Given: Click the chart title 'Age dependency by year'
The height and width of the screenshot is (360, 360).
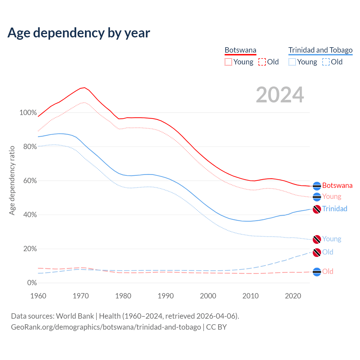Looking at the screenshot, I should click(x=79, y=33).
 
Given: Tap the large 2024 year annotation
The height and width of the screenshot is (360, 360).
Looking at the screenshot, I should click(x=280, y=95).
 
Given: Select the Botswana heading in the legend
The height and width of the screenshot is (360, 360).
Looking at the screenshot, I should click(x=240, y=50).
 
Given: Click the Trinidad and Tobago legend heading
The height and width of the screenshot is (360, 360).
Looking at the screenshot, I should click(x=320, y=50).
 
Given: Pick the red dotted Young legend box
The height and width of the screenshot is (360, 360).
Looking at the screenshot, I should click(x=228, y=62).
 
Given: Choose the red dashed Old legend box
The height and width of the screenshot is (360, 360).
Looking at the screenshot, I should click(x=262, y=62).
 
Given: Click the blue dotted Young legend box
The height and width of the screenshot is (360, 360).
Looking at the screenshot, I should click(x=292, y=62).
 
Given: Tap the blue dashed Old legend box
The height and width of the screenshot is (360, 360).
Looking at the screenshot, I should click(x=326, y=62).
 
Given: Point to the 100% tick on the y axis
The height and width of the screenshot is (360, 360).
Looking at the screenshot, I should click(x=28, y=113).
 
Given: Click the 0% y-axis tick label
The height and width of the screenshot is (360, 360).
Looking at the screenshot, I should click(x=32, y=283).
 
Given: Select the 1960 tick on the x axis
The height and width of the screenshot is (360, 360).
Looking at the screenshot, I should click(x=38, y=296).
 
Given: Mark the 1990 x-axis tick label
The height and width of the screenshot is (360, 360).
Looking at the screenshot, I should click(x=166, y=296).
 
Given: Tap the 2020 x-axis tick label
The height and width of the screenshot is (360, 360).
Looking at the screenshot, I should click(x=293, y=296).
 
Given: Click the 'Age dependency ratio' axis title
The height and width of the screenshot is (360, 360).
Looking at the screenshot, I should click(x=12, y=180).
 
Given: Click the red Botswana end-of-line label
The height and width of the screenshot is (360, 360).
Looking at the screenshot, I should click(x=337, y=186).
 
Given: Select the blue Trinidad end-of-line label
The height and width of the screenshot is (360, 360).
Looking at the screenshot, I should click(x=335, y=209).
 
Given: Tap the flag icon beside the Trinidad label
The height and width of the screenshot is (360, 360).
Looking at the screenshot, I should click(x=317, y=209).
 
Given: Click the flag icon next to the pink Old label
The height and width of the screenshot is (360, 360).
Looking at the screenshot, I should click(x=317, y=272).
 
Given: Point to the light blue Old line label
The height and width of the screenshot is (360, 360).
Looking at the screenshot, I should click(x=328, y=252).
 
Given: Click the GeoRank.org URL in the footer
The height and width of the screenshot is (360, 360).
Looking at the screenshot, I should click(x=106, y=327).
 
